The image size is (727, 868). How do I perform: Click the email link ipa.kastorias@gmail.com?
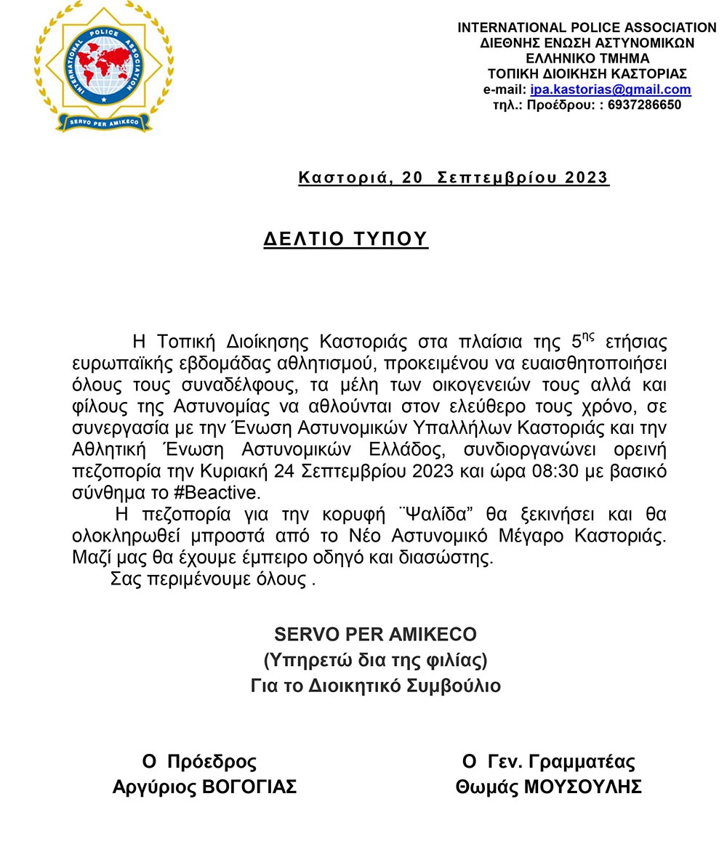(x=610, y=90)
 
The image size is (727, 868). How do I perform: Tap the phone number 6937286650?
(x=645, y=105)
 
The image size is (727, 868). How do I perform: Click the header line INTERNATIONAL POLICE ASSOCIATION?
(x=587, y=28)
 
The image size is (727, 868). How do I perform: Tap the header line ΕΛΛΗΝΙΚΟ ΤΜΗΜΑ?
(x=587, y=59)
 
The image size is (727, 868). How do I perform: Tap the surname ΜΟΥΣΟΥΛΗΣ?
(x=582, y=787)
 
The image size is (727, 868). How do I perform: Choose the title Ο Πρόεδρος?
(x=199, y=762)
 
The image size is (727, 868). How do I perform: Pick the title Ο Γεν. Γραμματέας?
(x=548, y=762)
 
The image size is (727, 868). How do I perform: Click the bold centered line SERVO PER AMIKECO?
(x=375, y=635)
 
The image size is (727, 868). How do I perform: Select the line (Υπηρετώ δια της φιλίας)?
(x=375, y=660)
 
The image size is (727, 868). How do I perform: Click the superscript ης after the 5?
(x=588, y=336)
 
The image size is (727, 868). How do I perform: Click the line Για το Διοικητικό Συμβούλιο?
(x=375, y=686)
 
